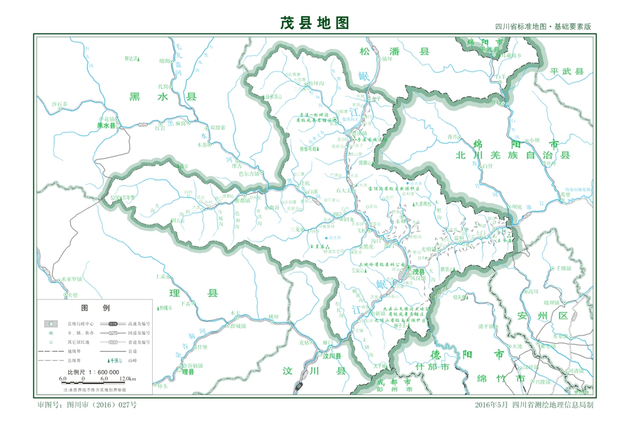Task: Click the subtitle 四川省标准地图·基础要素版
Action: pyautogui.click(x=543, y=28)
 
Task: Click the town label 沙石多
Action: pyautogui.click(x=59, y=104)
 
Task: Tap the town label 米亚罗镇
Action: pyautogui.click(x=69, y=279)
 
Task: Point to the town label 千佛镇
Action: pyautogui.click(x=560, y=268)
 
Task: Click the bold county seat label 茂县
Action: pyautogui.click(x=418, y=272)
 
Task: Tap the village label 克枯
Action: pyautogui.click(x=304, y=342)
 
